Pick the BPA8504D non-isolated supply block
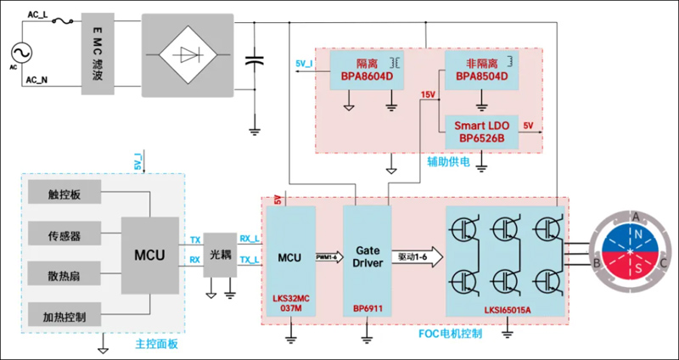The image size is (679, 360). (x=481, y=70)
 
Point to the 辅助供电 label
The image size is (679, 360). (x=448, y=160)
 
